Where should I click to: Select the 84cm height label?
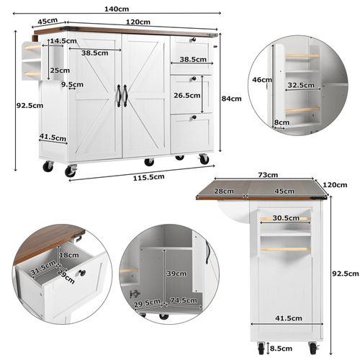tap(231, 99)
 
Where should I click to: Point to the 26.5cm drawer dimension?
tap(186, 95)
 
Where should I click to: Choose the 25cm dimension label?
tap(60, 71)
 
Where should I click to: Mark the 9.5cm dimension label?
tap(73, 85)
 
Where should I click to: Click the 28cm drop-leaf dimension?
tap(225, 191)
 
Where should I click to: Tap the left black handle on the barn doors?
tap(118, 95)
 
